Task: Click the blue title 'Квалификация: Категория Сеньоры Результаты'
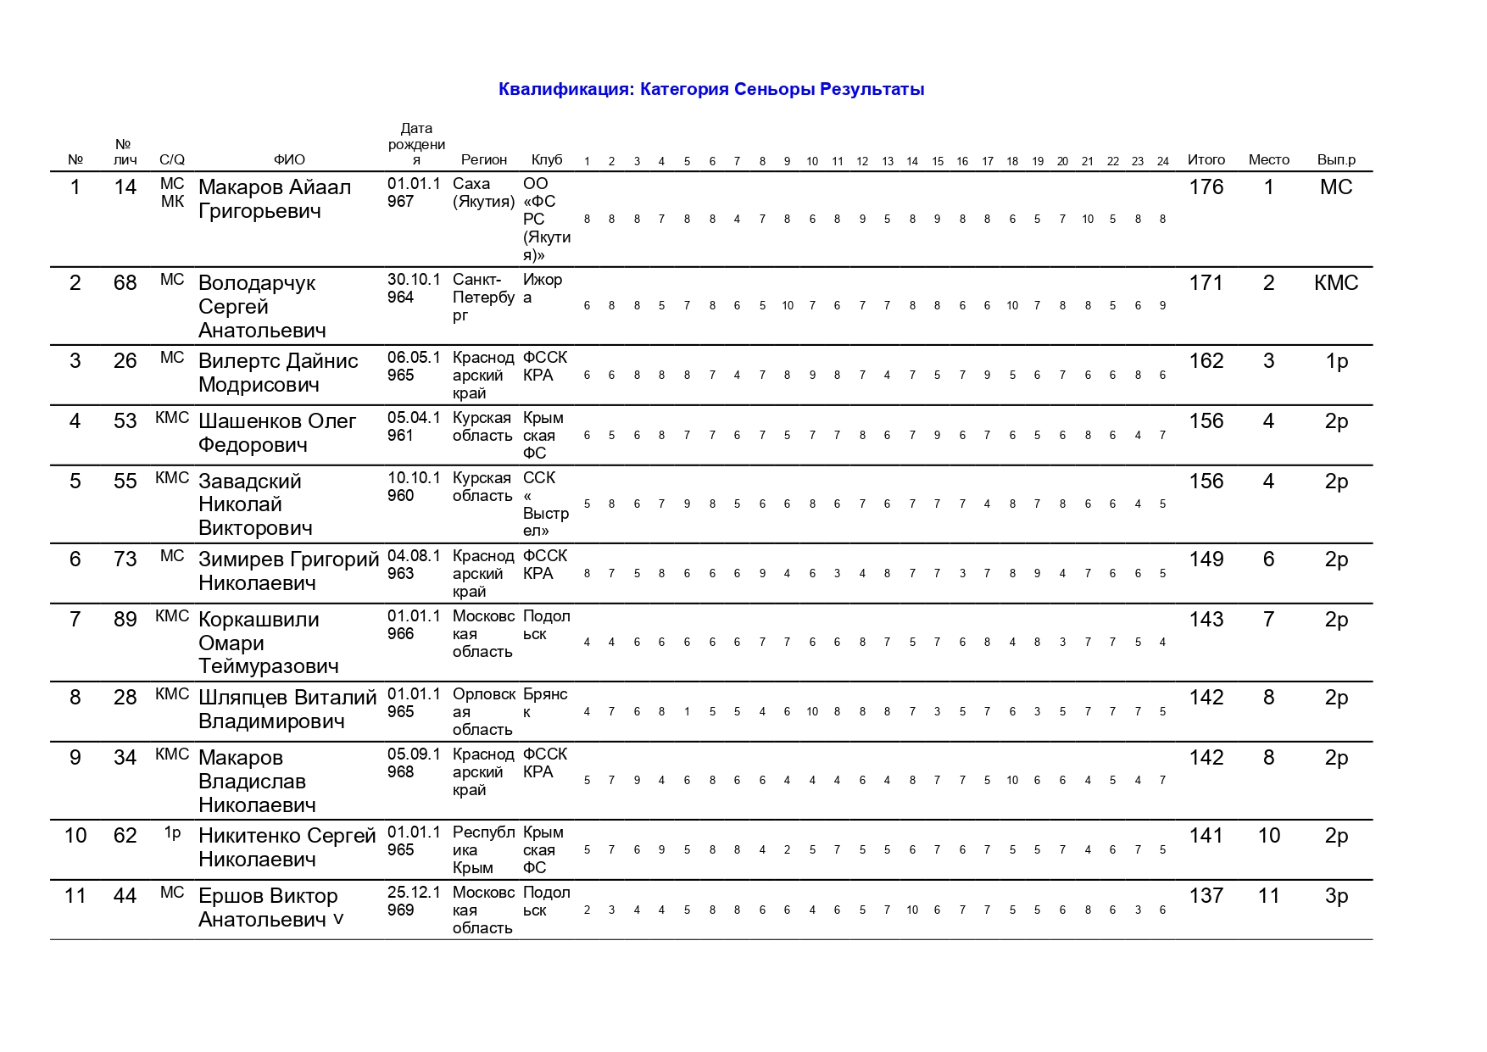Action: [710, 89]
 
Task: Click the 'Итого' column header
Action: [1206, 159]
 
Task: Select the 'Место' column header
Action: [1268, 159]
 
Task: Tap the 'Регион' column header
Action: [483, 159]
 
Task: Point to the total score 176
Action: [1206, 187]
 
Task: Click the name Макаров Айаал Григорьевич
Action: [274, 199]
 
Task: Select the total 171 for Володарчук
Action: [1206, 283]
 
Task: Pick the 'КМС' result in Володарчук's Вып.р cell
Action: [1335, 283]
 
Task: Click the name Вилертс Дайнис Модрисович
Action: [278, 373]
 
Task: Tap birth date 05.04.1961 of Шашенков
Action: [414, 426]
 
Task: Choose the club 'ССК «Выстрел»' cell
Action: [545, 504]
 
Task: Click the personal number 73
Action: [125, 559]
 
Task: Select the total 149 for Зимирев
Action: [1206, 559]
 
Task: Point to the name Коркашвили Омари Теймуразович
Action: [268, 643]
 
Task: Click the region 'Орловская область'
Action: [483, 711]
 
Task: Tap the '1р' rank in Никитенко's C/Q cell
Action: [172, 832]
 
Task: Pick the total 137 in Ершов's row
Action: [1206, 896]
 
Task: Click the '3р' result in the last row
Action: [1335, 896]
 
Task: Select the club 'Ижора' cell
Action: [542, 288]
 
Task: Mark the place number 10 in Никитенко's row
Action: [1268, 836]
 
